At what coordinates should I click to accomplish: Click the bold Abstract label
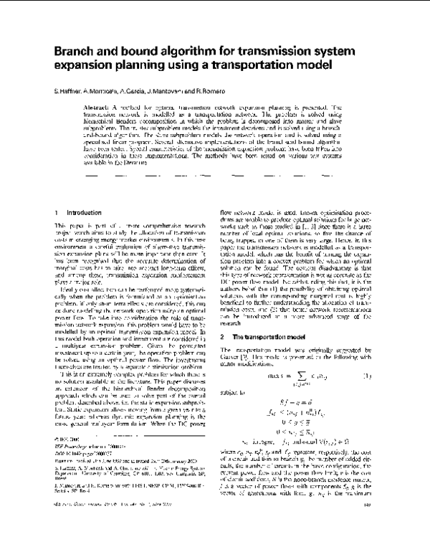coord(104,105)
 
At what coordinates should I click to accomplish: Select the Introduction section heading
coord(84,214)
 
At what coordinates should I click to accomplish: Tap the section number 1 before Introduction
coord(56,214)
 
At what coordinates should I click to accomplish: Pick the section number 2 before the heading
coord(222,356)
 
